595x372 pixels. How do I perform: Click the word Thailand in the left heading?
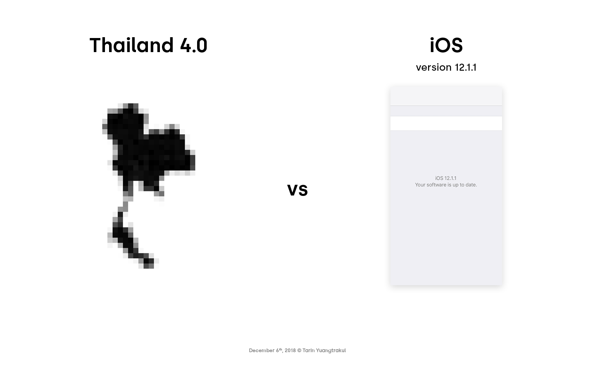pyautogui.click(x=131, y=45)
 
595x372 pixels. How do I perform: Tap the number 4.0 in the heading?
pyautogui.click(x=194, y=45)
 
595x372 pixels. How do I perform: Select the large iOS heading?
pyautogui.click(x=446, y=45)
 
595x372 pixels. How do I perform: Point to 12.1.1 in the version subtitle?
pyautogui.click(x=466, y=67)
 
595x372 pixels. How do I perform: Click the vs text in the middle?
pyautogui.click(x=297, y=190)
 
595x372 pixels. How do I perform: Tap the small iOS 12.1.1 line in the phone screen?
pyautogui.click(x=446, y=178)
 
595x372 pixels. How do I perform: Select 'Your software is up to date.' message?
pyautogui.click(x=446, y=185)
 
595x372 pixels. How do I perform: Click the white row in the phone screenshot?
pyautogui.click(x=446, y=123)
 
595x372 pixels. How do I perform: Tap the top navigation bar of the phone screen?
pyautogui.click(x=446, y=95)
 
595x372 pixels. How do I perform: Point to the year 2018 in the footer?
pyautogui.click(x=290, y=351)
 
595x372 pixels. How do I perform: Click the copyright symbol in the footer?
pyautogui.click(x=299, y=351)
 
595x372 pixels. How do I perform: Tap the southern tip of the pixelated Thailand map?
pyautogui.click(x=149, y=266)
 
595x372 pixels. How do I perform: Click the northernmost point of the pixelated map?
pyautogui.click(x=131, y=105)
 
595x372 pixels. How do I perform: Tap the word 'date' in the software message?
pyautogui.click(x=471, y=185)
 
